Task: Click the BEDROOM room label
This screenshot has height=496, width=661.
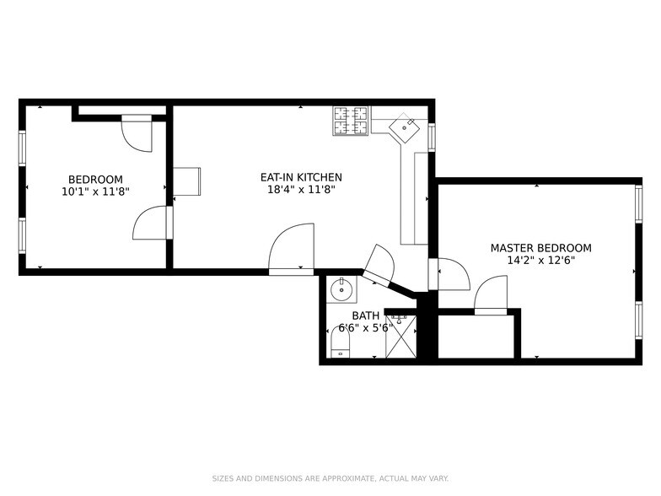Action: point(95,179)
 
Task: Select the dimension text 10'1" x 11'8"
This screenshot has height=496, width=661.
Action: point(95,191)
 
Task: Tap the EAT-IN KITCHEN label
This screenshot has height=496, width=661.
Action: point(301,177)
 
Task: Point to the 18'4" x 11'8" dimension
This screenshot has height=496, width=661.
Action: point(301,190)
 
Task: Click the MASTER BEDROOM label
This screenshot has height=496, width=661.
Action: point(540,248)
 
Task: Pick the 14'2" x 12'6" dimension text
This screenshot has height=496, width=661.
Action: point(540,261)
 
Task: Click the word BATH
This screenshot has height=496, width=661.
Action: point(365,315)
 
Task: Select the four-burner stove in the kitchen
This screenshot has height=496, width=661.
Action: point(351,121)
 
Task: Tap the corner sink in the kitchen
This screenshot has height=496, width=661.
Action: point(404,127)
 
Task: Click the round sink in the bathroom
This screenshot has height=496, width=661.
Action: point(343,290)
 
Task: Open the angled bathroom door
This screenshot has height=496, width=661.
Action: point(379,266)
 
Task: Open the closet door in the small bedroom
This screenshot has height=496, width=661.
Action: point(137,133)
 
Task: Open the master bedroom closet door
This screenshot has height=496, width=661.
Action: point(491,297)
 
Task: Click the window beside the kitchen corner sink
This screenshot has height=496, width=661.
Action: point(432,137)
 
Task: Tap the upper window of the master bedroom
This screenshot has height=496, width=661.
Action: point(638,204)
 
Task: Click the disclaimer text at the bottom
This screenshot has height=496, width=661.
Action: point(330,477)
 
